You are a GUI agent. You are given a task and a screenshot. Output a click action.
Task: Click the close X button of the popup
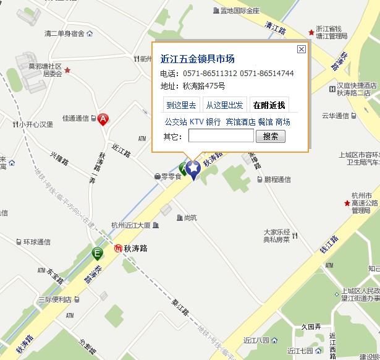[x=301, y=49]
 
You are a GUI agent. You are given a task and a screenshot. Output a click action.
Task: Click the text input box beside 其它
[x=221, y=136]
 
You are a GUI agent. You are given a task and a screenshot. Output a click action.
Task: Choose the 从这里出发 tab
[x=225, y=105]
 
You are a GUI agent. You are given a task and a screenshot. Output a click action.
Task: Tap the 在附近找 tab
[x=270, y=105]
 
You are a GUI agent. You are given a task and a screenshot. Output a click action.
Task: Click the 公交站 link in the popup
[x=175, y=122]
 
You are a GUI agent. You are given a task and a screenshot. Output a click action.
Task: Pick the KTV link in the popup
[x=196, y=122]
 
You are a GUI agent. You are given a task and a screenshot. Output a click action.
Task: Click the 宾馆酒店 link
[x=240, y=122]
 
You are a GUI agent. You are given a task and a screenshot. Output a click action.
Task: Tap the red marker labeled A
[x=103, y=119]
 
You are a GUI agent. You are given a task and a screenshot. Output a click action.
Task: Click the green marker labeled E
[x=97, y=253]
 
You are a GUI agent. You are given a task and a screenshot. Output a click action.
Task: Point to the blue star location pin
[x=193, y=168]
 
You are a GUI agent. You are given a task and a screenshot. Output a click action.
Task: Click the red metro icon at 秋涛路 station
[x=118, y=249]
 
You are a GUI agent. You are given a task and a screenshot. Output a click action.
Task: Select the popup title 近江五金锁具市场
[x=197, y=59]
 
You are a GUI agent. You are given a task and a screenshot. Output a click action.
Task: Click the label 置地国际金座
[x=239, y=11]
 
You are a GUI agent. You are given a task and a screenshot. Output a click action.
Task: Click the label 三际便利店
[x=54, y=299]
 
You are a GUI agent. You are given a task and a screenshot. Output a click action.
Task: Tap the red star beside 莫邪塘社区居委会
[x=67, y=71]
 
